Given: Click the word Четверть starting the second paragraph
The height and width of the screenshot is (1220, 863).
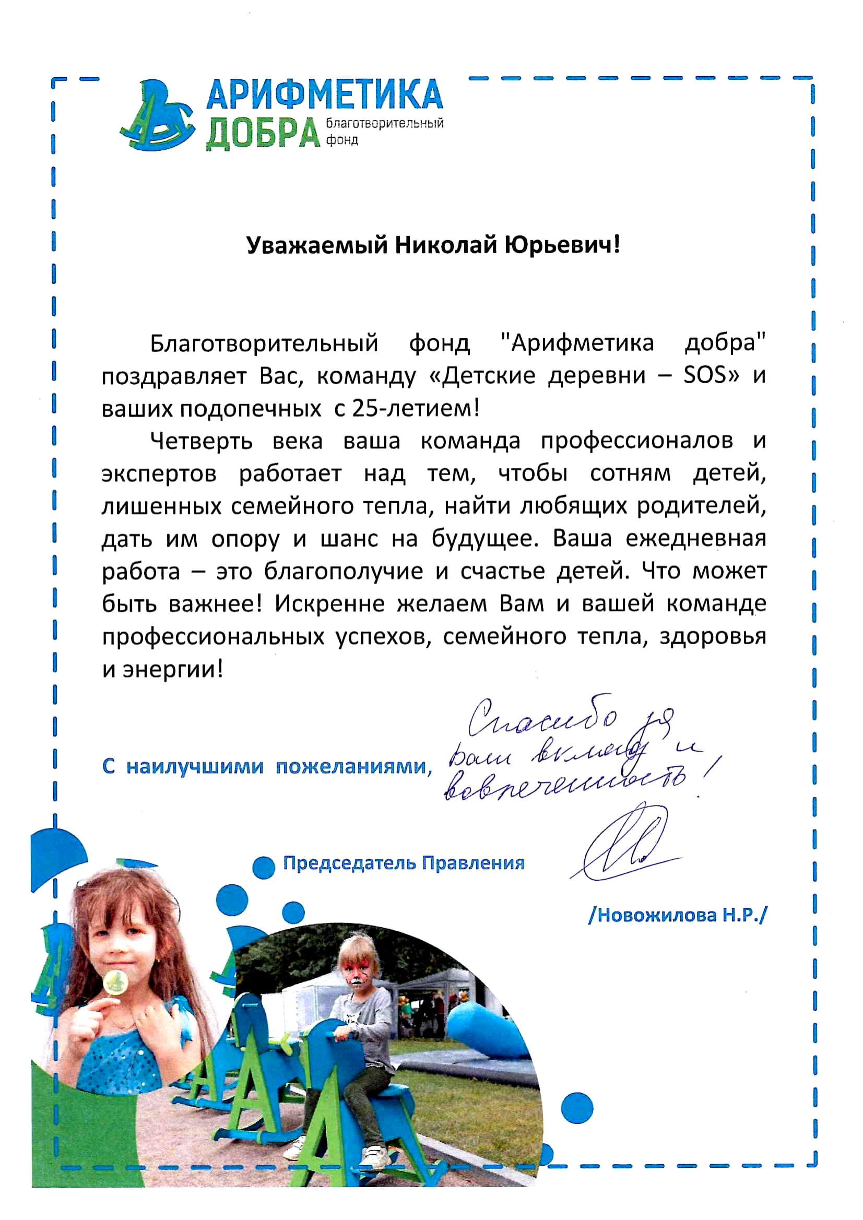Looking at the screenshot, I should [x=202, y=441].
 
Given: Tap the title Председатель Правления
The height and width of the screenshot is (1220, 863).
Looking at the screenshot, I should [x=404, y=862].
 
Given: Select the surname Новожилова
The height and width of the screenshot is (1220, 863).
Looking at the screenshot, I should [x=653, y=915].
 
